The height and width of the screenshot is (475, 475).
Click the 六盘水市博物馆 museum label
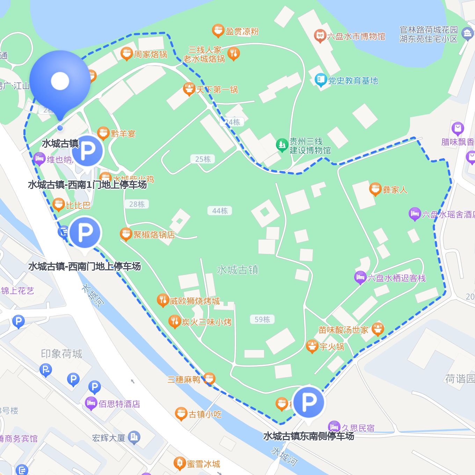[356, 36]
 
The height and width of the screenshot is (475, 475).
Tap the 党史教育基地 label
[353, 81]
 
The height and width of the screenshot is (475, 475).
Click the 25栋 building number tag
[203, 159]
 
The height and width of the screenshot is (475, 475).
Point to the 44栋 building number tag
[220, 211]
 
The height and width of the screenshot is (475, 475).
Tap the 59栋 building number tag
[262, 320]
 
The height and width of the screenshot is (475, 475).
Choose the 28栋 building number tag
[137, 204]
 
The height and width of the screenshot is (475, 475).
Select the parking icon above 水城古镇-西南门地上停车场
[85, 232]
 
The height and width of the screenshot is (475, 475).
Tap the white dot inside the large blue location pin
[60, 81]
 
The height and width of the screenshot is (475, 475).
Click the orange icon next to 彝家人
[375, 189]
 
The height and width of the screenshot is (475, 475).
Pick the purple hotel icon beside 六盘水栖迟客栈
[360, 278]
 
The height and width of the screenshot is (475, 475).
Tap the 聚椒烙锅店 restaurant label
[154, 235]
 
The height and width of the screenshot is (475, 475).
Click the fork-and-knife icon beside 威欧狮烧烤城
[162, 300]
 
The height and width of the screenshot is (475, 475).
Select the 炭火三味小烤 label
[206, 322]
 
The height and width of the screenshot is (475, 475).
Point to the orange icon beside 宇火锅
[312, 346]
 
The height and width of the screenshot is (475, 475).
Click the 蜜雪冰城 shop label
[203, 464]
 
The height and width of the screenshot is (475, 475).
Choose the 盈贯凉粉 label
[242, 31]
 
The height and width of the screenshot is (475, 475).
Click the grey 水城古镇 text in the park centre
[237, 270]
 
